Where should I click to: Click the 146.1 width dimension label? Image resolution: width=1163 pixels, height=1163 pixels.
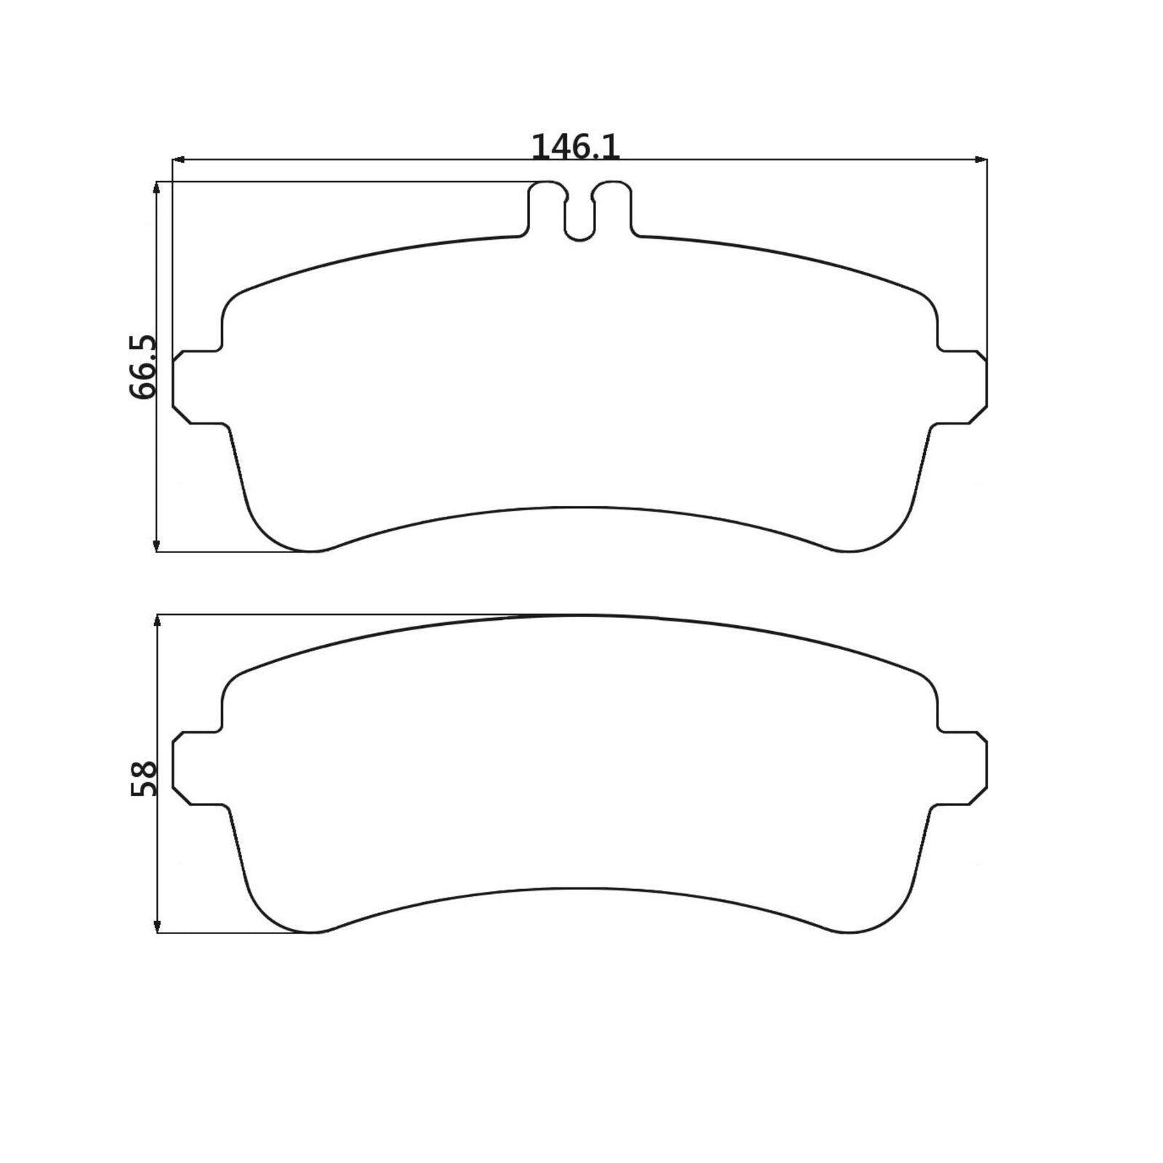coord(575,147)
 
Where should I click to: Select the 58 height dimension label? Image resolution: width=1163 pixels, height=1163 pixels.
coord(144,778)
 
